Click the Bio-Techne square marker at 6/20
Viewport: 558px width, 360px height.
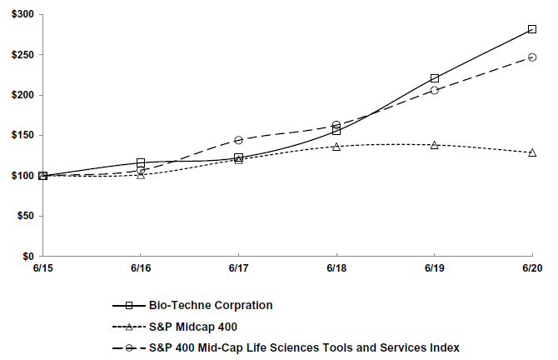pos(532,29)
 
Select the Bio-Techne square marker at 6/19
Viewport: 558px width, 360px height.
pos(435,78)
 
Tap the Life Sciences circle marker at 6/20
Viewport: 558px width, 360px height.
pos(532,57)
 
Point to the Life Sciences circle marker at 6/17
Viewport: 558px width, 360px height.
pos(239,140)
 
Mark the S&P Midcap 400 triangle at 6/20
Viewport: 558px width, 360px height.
pos(532,152)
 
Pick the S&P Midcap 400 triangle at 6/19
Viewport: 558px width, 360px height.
pos(435,145)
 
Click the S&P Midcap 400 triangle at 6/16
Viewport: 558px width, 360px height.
pos(141,175)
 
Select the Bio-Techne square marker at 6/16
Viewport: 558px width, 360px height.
pos(141,162)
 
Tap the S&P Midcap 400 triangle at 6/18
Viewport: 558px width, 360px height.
pos(336,147)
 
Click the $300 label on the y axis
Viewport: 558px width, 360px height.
pos(21,15)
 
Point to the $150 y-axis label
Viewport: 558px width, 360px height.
pos(21,136)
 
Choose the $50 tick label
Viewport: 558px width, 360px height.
pos(23,216)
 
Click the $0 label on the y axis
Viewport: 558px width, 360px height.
pos(27,257)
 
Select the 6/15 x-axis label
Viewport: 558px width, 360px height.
pos(42,270)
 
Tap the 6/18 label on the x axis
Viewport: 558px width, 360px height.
pos(336,270)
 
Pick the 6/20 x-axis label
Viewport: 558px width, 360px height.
pos(532,270)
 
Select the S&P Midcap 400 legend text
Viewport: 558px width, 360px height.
pos(191,326)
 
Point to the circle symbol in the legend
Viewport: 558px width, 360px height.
pos(141,347)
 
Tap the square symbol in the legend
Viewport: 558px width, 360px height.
pos(141,306)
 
